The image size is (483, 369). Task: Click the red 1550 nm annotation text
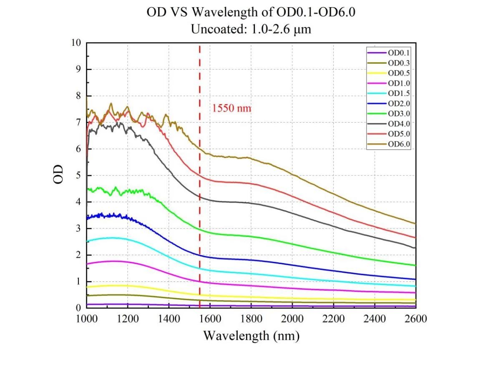(x=232, y=108)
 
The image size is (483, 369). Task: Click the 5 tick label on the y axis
(x=78, y=176)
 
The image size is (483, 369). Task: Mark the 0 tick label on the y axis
(x=78, y=308)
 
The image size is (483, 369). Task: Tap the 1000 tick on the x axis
(x=87, y=319)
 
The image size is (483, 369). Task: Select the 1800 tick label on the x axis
(x=252, y=319)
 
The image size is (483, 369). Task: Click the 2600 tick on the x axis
(x=416, y=319)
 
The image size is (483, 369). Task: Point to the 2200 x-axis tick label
(x=334, y=319)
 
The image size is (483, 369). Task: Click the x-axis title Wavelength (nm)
(x=251, y=335)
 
